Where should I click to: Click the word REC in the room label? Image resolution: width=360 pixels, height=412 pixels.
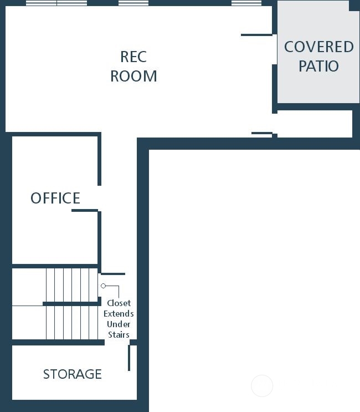(x=133, y=57)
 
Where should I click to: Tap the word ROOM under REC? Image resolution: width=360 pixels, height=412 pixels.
(x=133, y=76)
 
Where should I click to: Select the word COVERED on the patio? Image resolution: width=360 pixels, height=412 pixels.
(x=319, y=47)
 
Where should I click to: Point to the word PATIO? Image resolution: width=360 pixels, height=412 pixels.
(x=319, y=66)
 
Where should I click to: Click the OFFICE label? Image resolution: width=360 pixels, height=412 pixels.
(x=55, y=198)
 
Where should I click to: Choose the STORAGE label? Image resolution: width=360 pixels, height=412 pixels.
(x=73, y=374)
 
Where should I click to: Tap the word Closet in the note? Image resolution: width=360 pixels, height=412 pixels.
(x=119, y=303)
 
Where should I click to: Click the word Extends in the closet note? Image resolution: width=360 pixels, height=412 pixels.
(x=119, y=314)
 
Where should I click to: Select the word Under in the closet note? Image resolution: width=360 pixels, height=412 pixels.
(x=119, y=324)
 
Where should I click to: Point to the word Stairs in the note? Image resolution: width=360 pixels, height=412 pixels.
(x=119, y=335)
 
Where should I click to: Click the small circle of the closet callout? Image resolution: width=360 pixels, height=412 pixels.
(x=103, y=286)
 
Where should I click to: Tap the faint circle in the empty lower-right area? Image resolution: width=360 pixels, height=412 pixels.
(x=262, y=386)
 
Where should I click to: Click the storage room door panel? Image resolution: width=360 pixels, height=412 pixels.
(x=129, y=358)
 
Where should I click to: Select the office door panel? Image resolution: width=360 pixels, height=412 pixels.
(x=85, y=211)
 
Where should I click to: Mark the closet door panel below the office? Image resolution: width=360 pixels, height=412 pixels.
(x=113, y=274)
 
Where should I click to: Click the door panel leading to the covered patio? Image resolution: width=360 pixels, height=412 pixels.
(x=256, y=35)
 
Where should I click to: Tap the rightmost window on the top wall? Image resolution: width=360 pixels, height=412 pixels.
(x=246, y=3)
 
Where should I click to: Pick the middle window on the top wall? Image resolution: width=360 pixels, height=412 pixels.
(x=133, y=3)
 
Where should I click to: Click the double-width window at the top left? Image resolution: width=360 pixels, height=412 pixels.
(x=56, y=3)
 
